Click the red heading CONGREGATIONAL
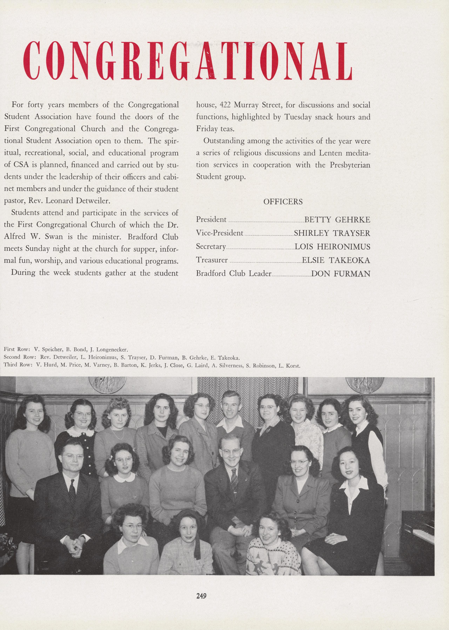[x=187, y=61]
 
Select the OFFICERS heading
[x=283, y=202]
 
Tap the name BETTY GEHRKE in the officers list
[x=337, y=220]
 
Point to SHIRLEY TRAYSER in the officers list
[x=332, y=233]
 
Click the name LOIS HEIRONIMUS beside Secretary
[x=332, y=247]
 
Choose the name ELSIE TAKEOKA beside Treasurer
[x=336, y=260]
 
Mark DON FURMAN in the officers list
[x=341, y=274]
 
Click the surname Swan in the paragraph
[x=56, y=237]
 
